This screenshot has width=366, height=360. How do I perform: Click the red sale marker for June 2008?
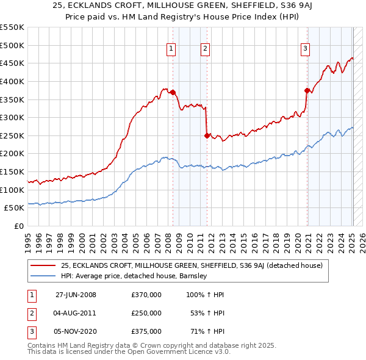173,92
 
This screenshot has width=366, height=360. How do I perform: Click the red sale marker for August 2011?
207,135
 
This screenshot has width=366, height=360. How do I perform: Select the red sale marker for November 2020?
307,90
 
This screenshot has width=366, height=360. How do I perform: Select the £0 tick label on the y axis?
18,226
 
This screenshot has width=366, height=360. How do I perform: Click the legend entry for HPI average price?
134,276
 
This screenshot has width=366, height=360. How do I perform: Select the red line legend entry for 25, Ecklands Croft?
195,265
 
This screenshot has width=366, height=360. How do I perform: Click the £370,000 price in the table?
146,295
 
